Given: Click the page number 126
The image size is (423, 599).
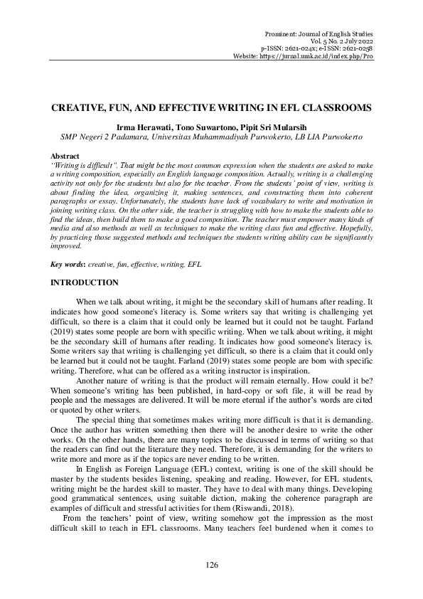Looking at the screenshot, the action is [x=211, y=563].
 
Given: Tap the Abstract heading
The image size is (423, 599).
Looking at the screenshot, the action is [x=65, y=154].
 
